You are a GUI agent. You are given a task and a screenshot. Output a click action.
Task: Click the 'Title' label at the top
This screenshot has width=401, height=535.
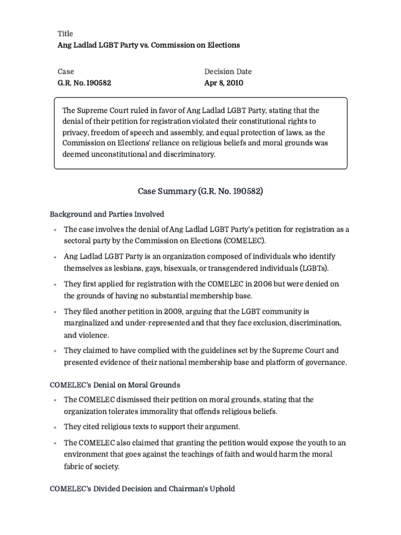pos(65,34)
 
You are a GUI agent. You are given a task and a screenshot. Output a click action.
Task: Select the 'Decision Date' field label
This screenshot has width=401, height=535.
pos(228,72)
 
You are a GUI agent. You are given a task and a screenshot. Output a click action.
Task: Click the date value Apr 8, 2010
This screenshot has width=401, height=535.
pos(223,83)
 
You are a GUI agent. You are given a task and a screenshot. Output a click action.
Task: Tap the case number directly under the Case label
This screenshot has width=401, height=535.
pos(84,83)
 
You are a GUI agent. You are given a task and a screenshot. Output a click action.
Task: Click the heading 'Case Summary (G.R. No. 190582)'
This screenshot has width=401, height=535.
pos(200,191)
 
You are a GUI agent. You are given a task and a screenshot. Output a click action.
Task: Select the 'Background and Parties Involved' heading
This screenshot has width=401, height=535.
pos(107,214)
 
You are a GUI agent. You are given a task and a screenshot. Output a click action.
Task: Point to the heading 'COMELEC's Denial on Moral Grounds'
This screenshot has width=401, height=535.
pos(115,385)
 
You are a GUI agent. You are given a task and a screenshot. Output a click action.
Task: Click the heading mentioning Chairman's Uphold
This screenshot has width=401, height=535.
pos(142,489)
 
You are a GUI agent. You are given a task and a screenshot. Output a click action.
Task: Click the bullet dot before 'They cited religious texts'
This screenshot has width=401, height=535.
pos(55,427)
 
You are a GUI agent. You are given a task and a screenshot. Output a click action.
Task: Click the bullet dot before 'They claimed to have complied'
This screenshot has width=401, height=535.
pos(55,351)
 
